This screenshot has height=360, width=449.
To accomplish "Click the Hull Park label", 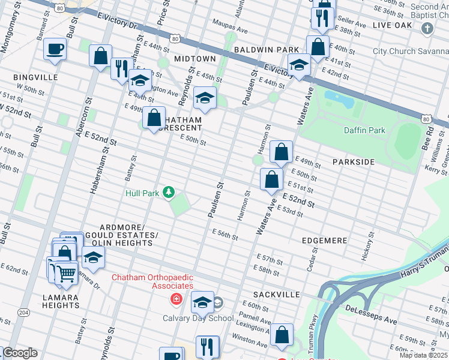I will click(142, 193).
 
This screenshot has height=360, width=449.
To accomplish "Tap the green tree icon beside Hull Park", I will click(169, 192).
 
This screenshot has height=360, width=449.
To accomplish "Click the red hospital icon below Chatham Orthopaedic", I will click(176, 299).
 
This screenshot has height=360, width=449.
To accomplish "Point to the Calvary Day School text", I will click(198, 318).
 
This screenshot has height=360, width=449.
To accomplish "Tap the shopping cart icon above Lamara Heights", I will click(66, 274).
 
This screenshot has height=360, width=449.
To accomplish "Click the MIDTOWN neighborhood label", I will click(194, 59).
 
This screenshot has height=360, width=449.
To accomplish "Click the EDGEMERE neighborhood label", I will click(325, 240).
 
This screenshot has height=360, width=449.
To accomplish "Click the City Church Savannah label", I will click(411, 51).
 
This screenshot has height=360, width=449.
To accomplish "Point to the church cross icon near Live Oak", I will click(427, 28).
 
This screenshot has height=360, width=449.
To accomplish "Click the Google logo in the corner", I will click(19, 353).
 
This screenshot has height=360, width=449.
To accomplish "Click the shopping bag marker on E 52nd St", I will click(272, 179).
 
